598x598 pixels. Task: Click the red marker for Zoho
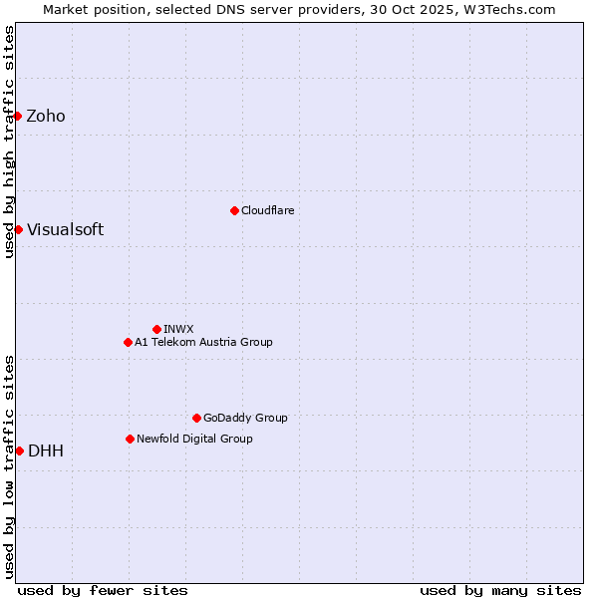(x=18, y=116)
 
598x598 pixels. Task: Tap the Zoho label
(x=46, y=117)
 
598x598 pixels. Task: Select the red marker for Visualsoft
(x=18, y=229)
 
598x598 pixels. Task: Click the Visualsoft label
(x=65, y=230)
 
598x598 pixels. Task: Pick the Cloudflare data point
(x=234, y=210)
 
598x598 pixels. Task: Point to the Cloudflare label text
(x=267, y=211)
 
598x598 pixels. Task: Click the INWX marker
(x=156, y=329)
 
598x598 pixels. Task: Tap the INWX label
(x=178, y=329)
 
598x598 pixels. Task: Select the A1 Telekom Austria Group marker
(x=128, y=342)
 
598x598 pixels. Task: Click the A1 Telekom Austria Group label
(x=203, y=343)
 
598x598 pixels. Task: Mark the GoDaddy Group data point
(x=196, y=418)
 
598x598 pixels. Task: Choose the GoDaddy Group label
(x=245, y=419)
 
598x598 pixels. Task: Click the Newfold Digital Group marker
(x=130, y=439)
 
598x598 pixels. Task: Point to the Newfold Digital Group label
(x=194, y=440)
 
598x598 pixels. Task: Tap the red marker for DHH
(x=19, y=450)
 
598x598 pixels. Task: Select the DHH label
(x=46, y=451)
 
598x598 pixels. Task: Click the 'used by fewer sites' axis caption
(x=103, y=590)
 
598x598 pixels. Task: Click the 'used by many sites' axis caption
(x=500, y=590)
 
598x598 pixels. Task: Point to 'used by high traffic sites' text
(x=9, y=142)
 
